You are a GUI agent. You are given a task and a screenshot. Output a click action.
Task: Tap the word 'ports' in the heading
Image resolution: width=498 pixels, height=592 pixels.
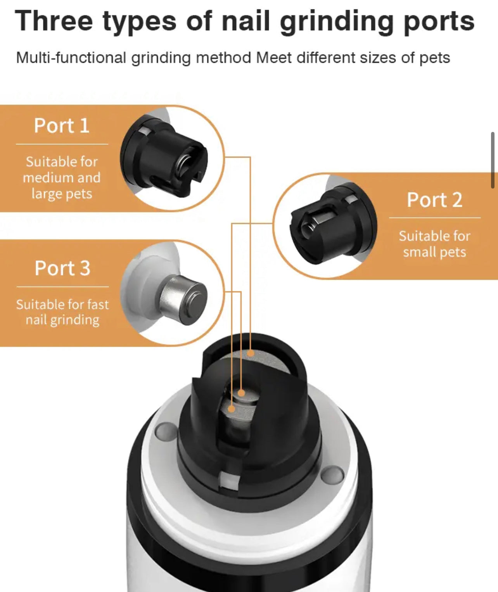[439, 23]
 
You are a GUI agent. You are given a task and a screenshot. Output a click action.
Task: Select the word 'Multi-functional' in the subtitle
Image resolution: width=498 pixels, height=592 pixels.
[71, 57]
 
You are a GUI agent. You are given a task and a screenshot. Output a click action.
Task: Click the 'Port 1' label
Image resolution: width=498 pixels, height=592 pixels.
[62, 125]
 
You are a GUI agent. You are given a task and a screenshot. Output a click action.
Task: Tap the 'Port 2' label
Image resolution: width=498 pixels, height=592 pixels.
[434, 200]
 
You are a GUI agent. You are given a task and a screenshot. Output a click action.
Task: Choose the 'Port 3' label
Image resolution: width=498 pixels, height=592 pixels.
[62, 268]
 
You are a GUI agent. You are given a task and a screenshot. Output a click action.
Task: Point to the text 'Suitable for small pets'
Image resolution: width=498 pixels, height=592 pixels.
[434, 244]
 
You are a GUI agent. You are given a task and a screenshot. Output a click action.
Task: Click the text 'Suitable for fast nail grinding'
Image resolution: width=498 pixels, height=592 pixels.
[62, 312]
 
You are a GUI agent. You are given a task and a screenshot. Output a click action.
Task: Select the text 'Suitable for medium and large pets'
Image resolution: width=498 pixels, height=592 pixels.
[62, 178]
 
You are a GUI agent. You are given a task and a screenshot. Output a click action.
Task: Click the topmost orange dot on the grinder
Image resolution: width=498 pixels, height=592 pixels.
[250, 353]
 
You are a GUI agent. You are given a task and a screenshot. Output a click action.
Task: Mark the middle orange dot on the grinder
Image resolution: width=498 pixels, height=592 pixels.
[241, 393]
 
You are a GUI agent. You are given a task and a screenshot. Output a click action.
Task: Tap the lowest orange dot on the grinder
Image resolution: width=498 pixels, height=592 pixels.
[232, 409]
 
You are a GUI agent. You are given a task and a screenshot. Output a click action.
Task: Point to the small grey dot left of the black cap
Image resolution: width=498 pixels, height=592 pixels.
[166, 431]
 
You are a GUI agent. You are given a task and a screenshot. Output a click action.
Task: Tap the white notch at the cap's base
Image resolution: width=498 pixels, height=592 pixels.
[230, 480]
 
